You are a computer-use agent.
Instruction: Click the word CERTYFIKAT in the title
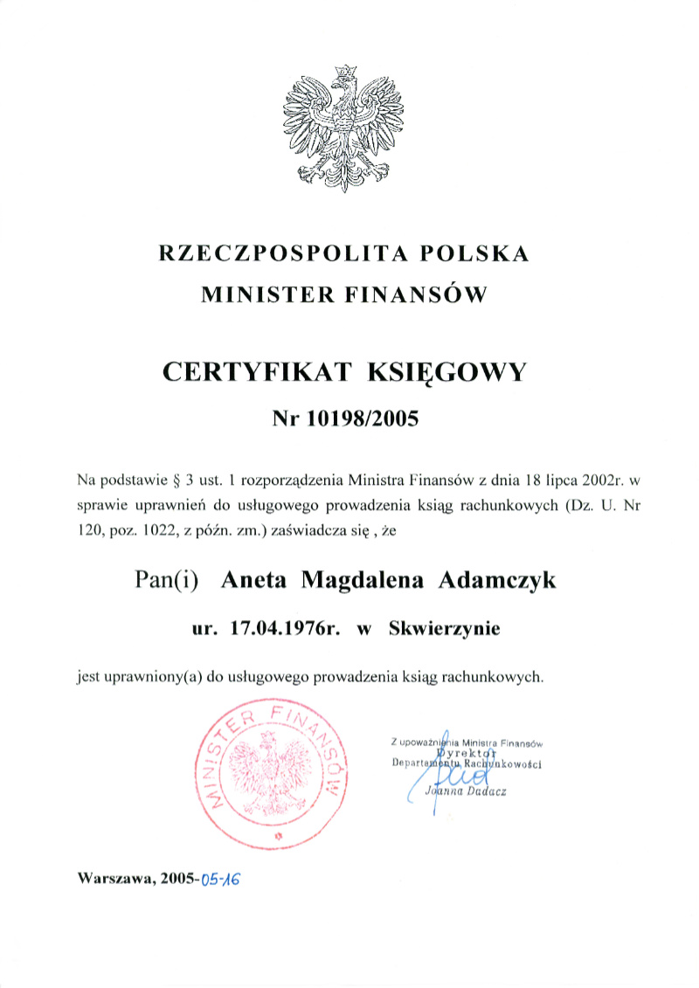[257, 373]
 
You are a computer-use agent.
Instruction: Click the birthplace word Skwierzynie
[445, 628]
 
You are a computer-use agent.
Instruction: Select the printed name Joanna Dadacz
[464, 791]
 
